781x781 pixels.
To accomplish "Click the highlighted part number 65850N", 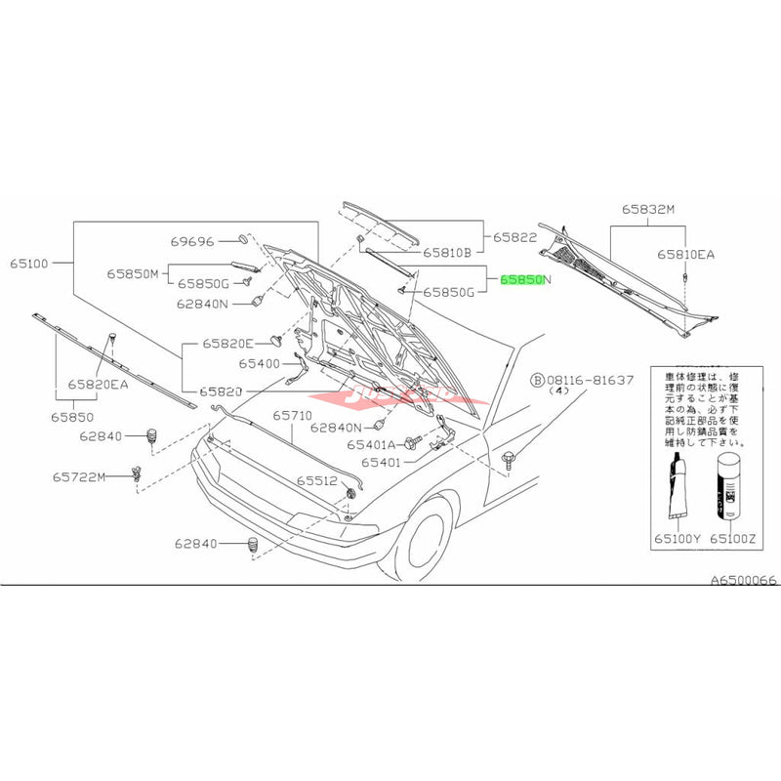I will pos(525,279).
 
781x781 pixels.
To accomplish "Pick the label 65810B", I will pos(447,252).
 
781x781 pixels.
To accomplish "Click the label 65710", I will pos(292,416).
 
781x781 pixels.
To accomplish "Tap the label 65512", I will pos(317,481).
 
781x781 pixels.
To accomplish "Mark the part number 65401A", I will pos(372,444).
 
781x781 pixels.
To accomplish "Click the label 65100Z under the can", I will pos(732,538).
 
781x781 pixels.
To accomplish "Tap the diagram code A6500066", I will pos(743,580).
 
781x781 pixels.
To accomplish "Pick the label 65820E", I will pos(227,344).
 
